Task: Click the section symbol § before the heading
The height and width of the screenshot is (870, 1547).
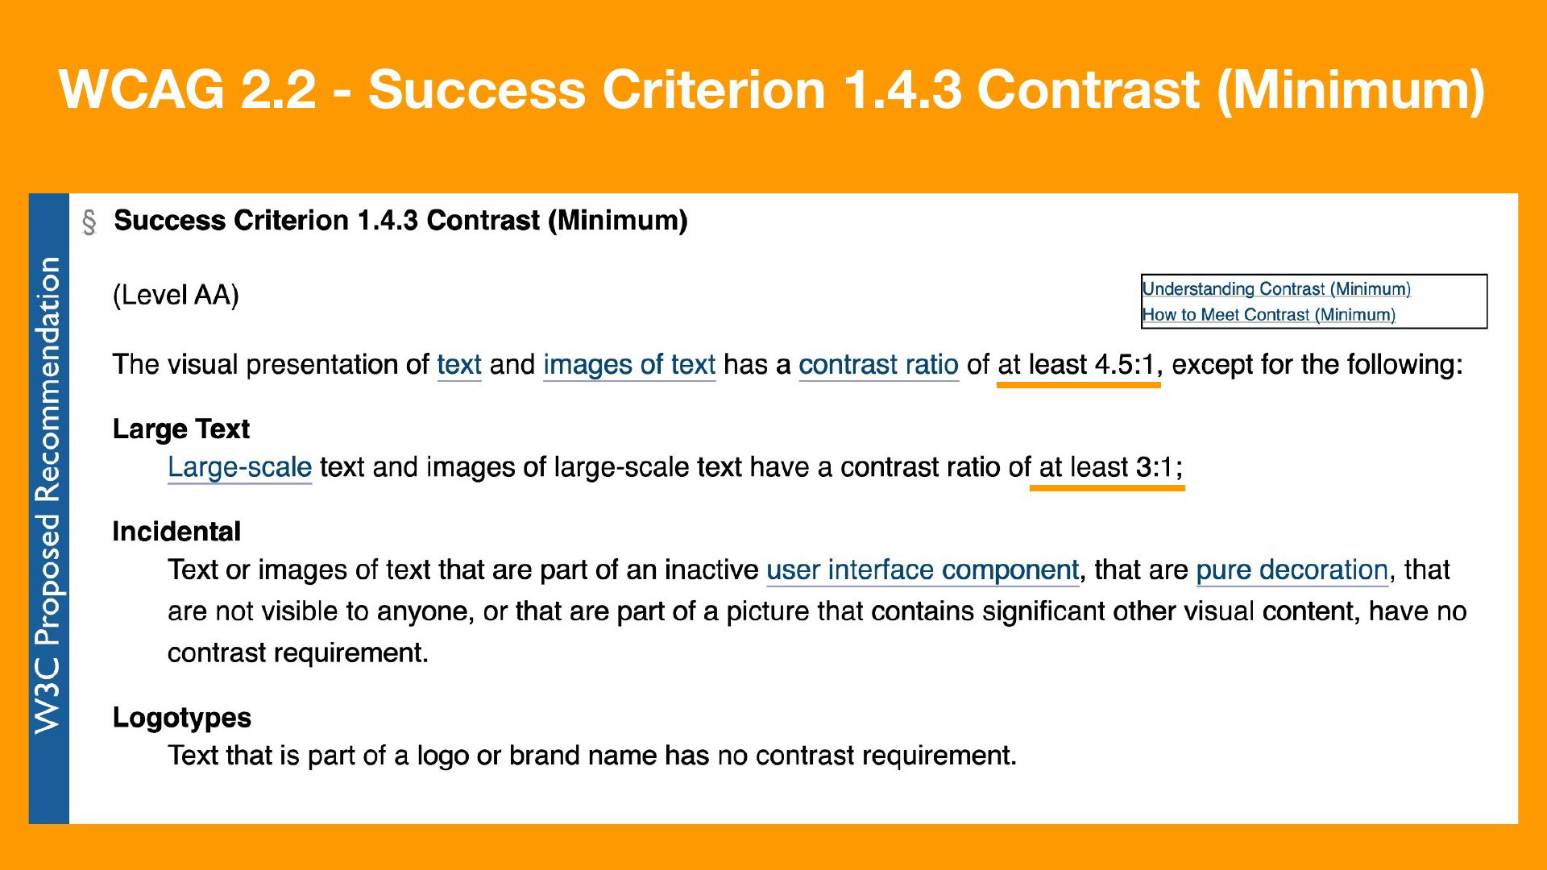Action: click(89, 222)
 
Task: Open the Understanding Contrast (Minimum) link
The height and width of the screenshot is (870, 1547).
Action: click(1276, 289)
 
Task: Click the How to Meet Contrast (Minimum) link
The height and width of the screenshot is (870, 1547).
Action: click(1269, 315)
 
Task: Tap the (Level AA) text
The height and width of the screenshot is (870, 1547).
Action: click(176, 296)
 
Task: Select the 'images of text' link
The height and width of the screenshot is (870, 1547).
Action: click(629, 365)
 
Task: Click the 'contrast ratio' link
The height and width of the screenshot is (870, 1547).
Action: click(878, 365)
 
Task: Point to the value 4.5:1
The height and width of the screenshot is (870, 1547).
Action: click(1125, 365)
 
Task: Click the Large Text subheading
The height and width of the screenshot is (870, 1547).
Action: click(181, 429)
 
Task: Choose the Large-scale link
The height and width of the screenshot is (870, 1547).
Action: click(239, 467)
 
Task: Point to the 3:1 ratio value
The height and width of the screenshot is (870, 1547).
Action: click(1155, 467)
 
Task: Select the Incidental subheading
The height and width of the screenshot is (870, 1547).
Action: click(176, 532)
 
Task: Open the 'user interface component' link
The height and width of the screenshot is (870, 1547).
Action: click(923, 570)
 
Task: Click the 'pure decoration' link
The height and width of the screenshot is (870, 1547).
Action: click(1292, 570)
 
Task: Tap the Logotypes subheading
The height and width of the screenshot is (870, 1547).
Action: click(182, 718)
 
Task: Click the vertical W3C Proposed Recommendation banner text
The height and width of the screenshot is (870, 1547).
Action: click(48, 495)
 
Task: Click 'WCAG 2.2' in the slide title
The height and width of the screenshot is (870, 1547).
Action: click(187, 89)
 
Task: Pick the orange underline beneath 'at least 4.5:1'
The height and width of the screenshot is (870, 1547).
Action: click(1078, 385)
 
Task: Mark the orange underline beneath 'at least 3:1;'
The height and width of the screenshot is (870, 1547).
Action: click(1107, 487)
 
